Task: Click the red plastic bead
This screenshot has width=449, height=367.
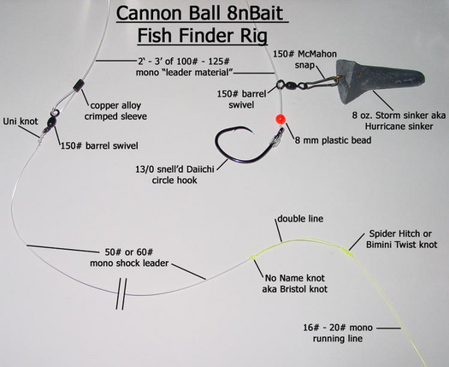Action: click(281, 119)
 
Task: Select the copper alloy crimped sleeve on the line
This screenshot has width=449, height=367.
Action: click(78, 86)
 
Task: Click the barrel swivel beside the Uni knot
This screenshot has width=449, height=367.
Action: click(52, 121)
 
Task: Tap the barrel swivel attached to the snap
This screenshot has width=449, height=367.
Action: click(287, 85)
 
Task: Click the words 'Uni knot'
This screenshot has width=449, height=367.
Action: click(21, 121)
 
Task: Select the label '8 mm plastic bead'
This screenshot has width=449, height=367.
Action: click(333, 140)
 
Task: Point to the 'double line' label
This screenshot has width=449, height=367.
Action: click(300, 219)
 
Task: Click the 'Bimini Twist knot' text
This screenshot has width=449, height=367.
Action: click(402, 245)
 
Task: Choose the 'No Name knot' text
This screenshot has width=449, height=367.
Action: click(295, 278)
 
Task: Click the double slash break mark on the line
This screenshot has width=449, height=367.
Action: click(121, 294)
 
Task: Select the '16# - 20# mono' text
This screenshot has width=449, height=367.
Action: click(338, 328)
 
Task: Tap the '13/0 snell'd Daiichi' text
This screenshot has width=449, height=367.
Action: click(174, 169)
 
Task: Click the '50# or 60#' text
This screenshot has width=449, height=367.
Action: click(129, 252)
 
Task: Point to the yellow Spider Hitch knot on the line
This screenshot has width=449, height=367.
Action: click(346, 252)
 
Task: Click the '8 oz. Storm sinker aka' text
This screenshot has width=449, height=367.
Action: click(399, 115)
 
